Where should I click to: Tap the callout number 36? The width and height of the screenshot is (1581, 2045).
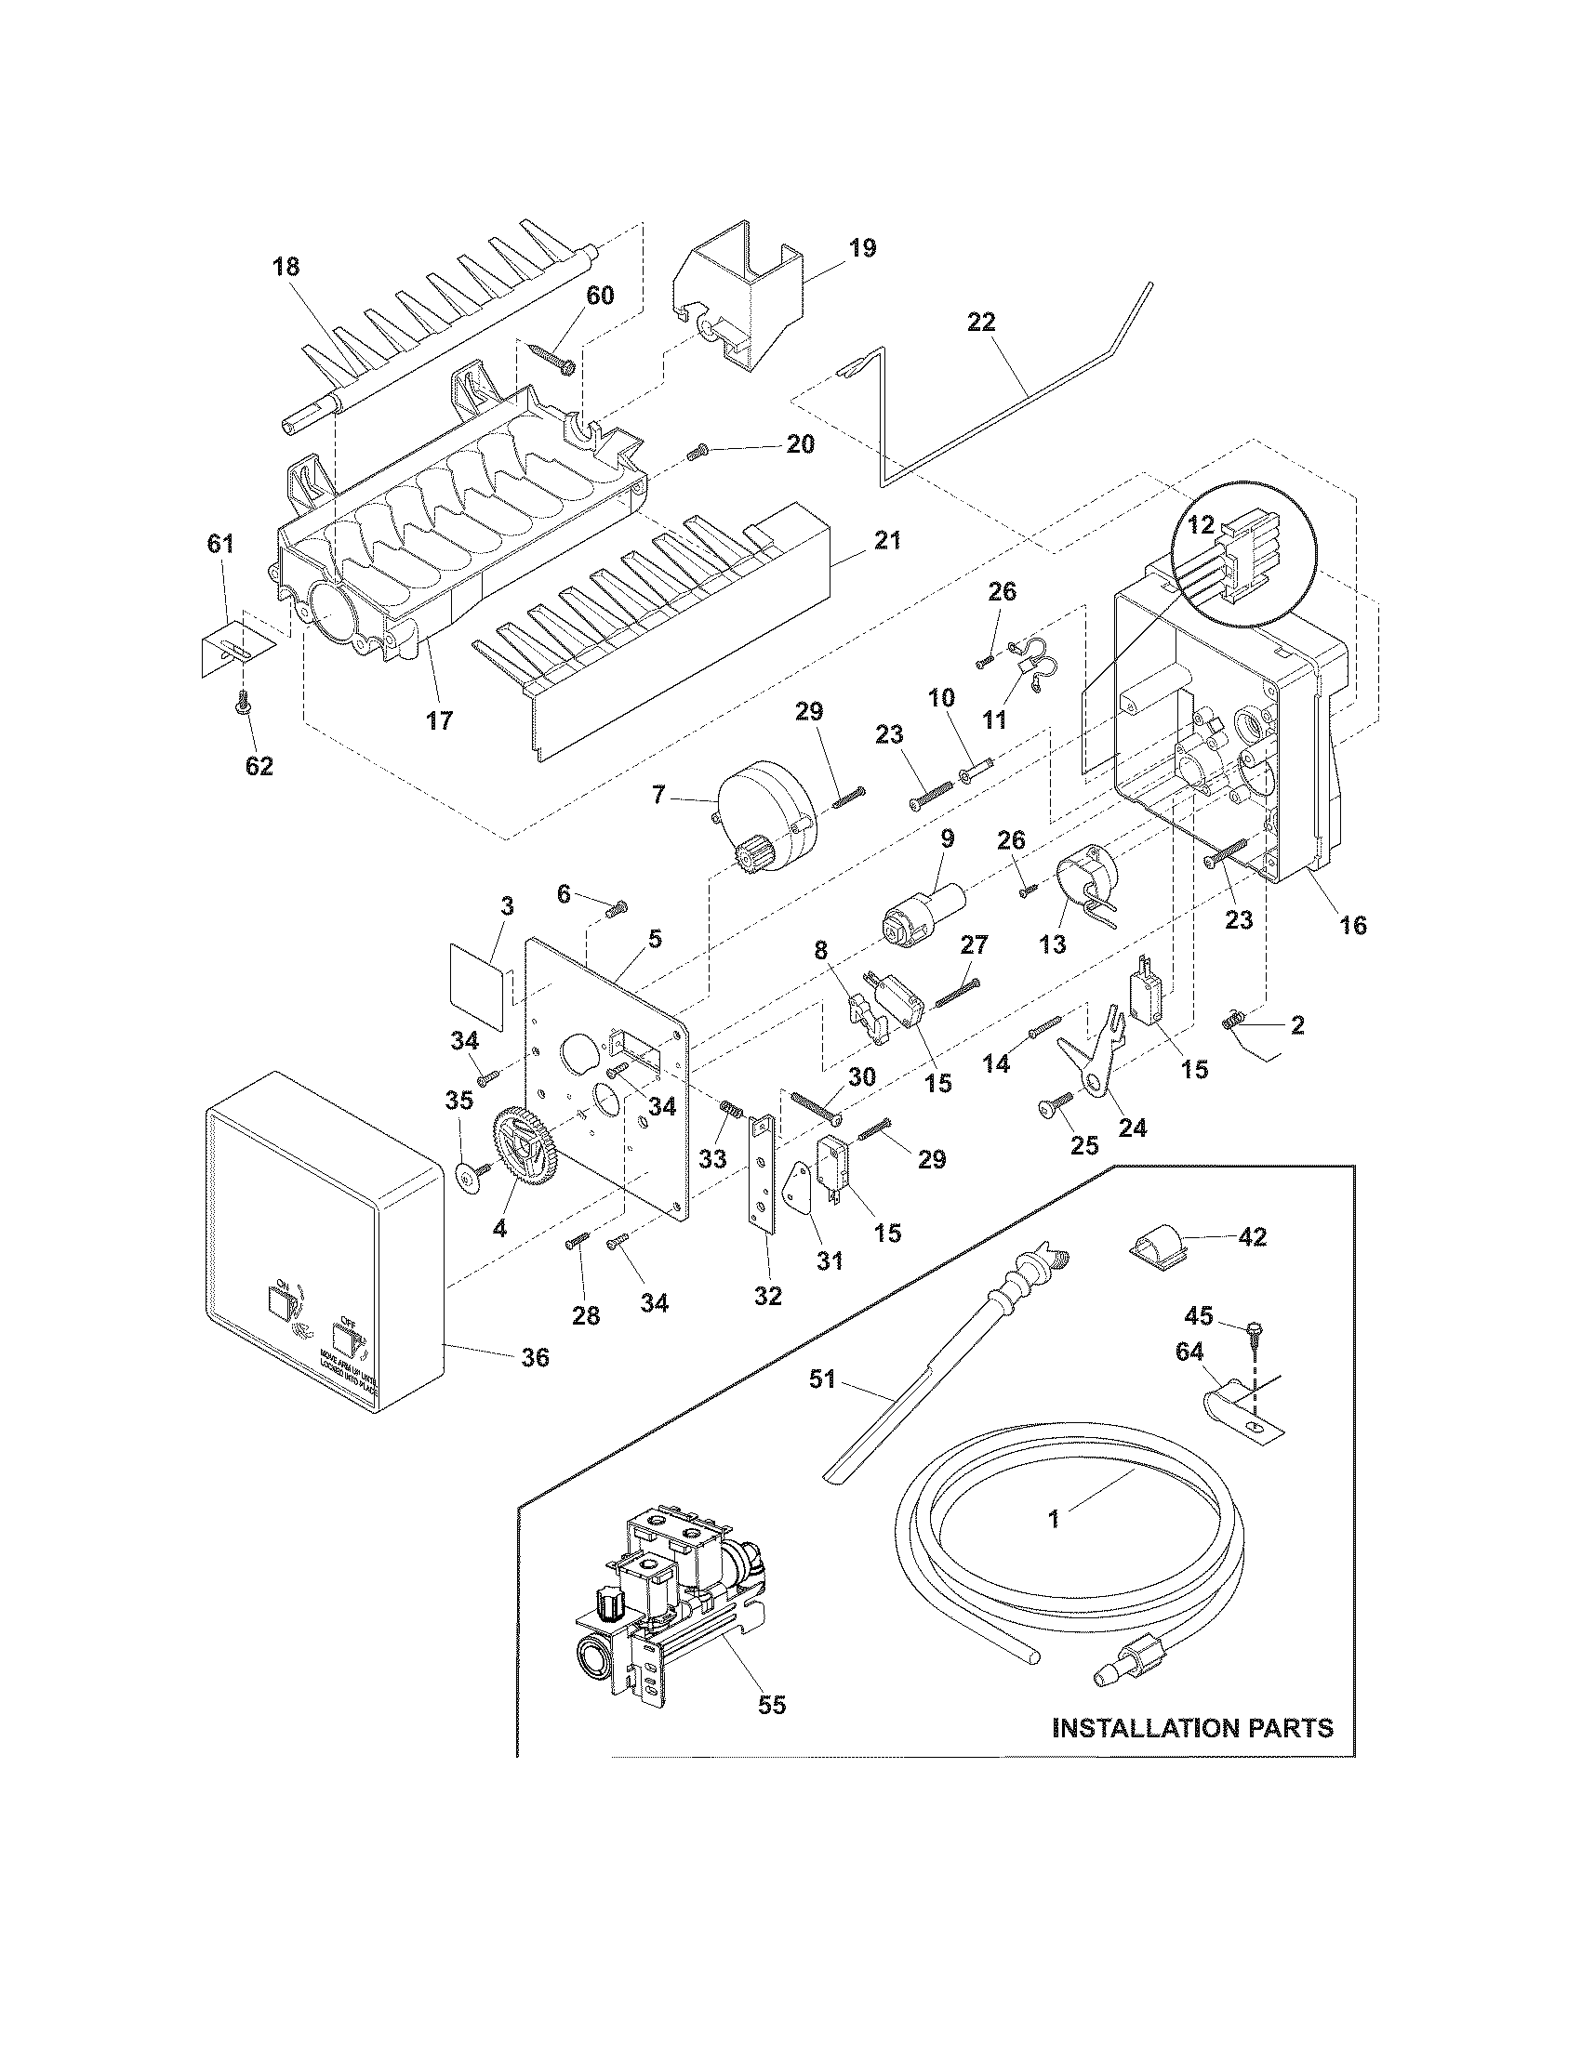click(535, 1357)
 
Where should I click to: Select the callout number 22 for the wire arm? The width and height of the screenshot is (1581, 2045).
click(981, 323)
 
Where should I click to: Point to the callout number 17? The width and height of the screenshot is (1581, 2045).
click(439, 720)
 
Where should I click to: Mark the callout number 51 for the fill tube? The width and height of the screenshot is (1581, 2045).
click(823, 1381)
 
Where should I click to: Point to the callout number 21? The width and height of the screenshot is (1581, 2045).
click(887, 540)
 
